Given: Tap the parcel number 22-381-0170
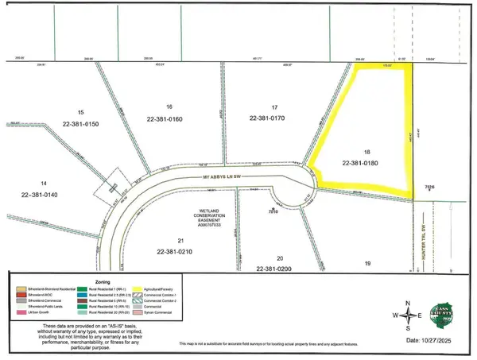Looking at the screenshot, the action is pos(273,118).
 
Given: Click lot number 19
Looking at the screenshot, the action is pos(367,262).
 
